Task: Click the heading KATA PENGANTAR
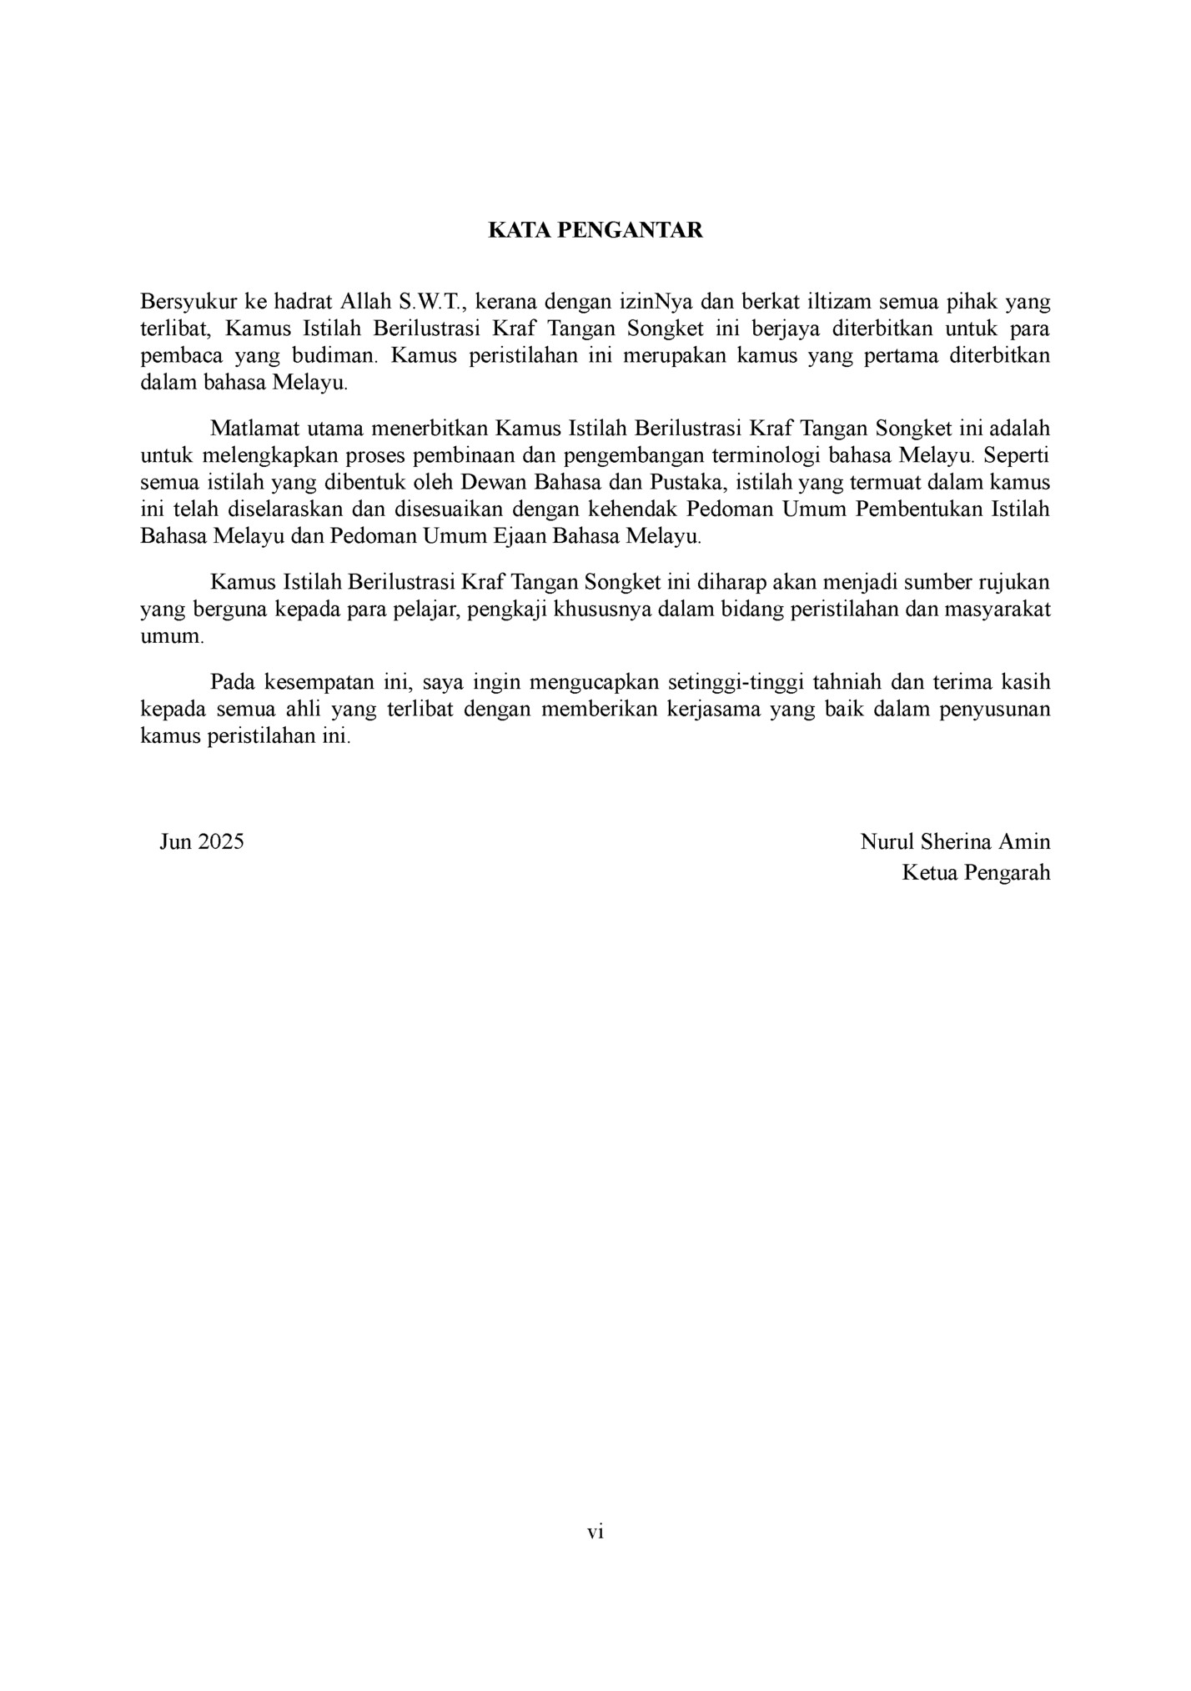595,231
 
